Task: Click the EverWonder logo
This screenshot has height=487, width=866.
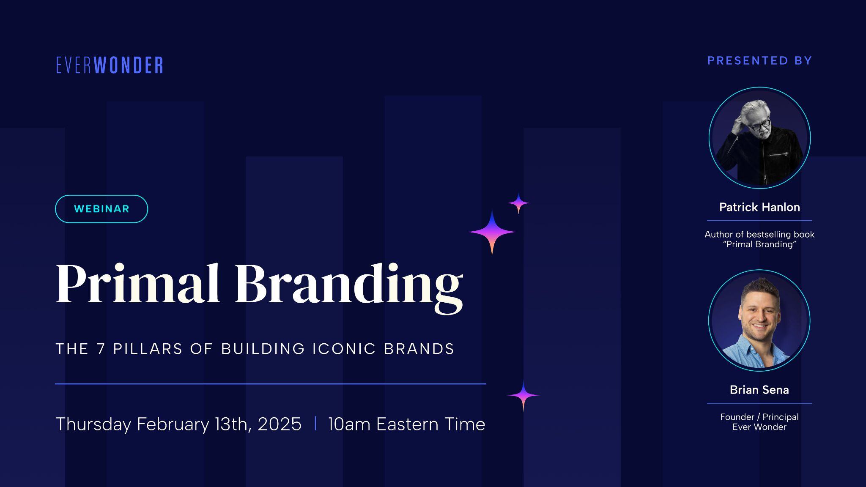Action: pos(110,66)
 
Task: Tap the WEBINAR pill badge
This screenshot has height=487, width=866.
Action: pos(101,209)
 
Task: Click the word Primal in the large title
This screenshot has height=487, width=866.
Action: pos(138,284)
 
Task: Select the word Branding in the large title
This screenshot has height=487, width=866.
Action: pos(349,285)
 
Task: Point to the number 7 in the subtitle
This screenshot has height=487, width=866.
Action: pos(101,349)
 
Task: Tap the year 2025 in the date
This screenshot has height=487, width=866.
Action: pos(279,424)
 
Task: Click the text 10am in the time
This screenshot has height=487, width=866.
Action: pos(349,424)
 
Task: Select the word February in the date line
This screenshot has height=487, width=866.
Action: pos(173,424)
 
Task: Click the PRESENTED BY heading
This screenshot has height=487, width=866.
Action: pos(759,61)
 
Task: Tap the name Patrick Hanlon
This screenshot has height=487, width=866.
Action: pos(759,207)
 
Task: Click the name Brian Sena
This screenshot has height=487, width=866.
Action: pos(759,390)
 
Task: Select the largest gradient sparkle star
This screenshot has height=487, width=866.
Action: pos(492,232)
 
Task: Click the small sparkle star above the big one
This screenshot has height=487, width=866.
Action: pos(518,203)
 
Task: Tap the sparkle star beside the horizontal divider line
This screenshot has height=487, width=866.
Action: pos(523,396)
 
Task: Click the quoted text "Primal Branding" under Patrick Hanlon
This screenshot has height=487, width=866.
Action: pos(759,245)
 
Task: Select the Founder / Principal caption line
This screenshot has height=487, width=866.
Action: pos(759,417)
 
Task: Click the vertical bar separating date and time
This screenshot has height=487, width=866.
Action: pos(315,424)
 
